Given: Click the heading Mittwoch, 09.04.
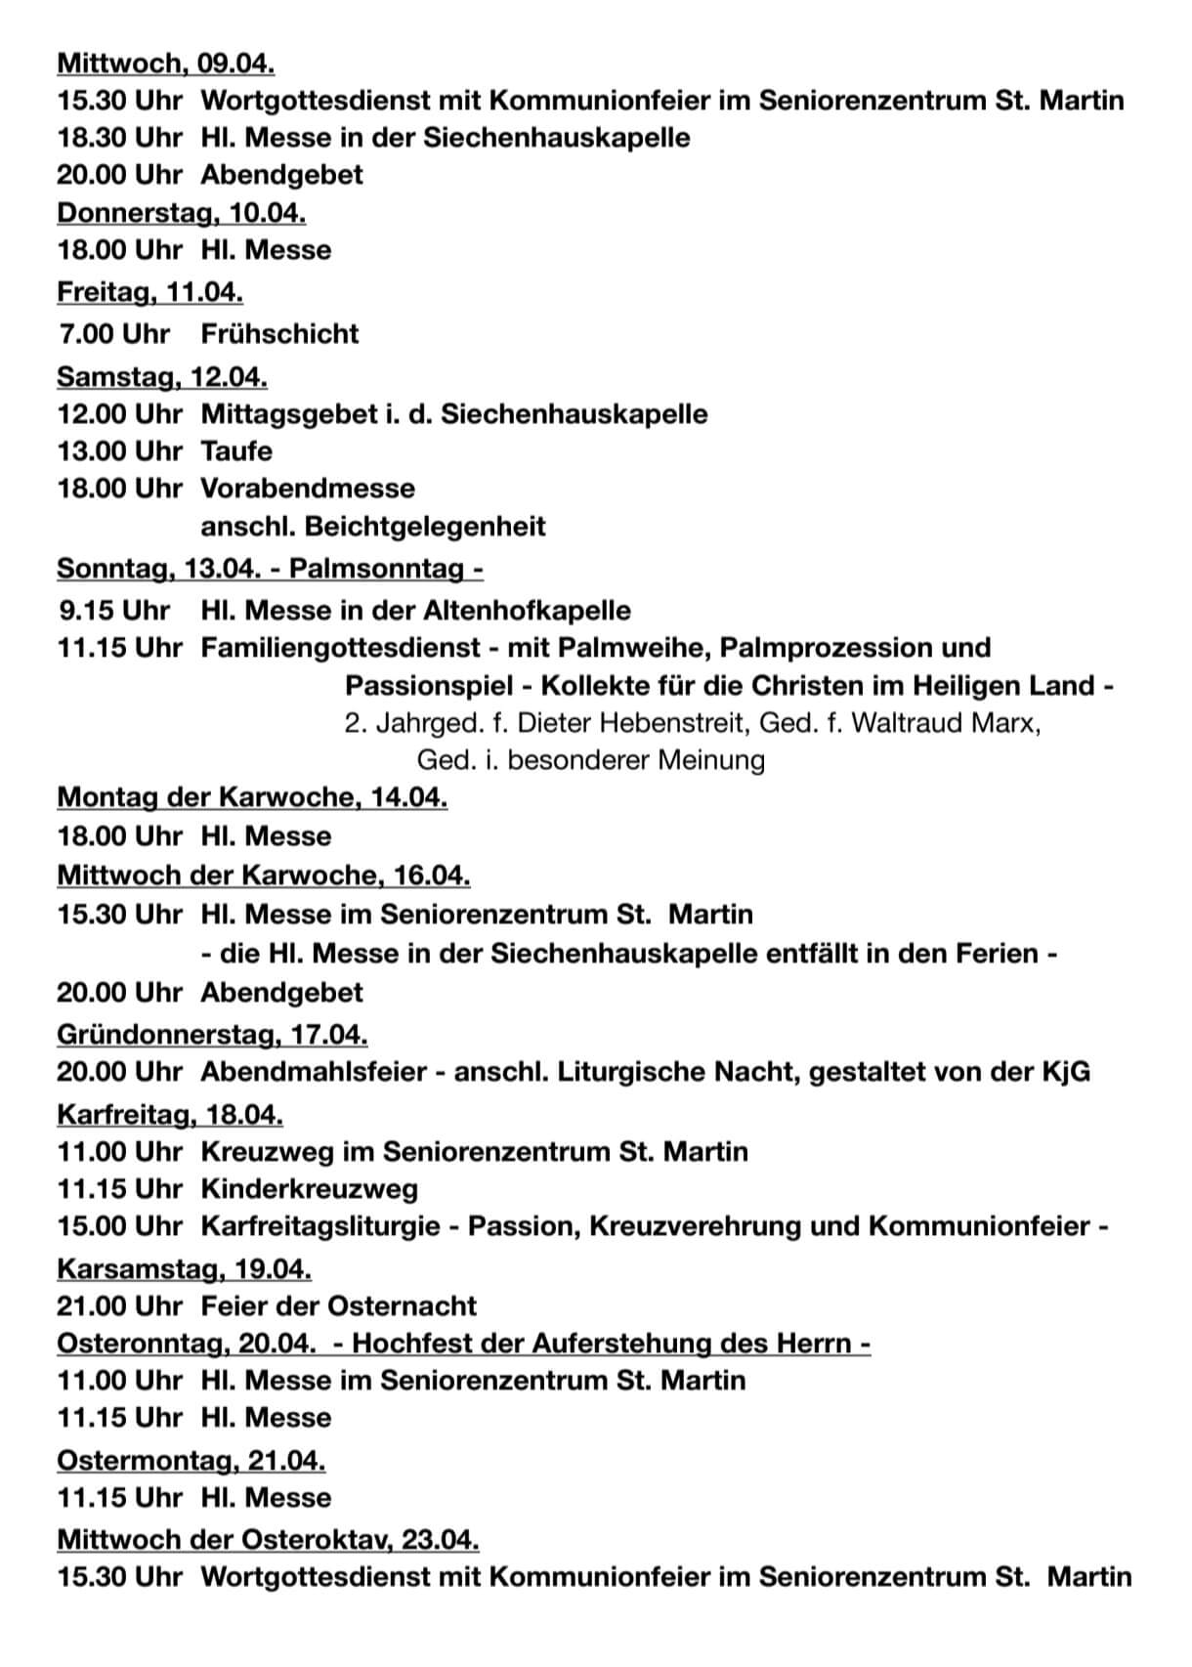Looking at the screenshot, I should (x=165, y=63).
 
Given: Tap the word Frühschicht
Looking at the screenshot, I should (x=279, y=333).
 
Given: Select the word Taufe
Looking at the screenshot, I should (x=236, y=450).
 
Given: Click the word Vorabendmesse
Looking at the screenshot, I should (x=308, y=488).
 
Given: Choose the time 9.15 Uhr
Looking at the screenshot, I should (x=114, y=610).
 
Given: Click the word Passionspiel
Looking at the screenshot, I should (x=426, y=685).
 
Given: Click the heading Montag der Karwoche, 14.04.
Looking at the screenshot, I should (x=252, y=797).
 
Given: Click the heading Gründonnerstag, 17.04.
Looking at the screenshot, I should (x=212, y=1034).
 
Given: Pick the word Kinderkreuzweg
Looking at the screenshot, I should (x=309, y=1188).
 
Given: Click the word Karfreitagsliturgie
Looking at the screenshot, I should (x=320, y=1225).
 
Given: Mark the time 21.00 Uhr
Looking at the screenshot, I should (x=119, y=1305).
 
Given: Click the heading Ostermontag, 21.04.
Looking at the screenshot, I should (x=191, y=1460).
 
